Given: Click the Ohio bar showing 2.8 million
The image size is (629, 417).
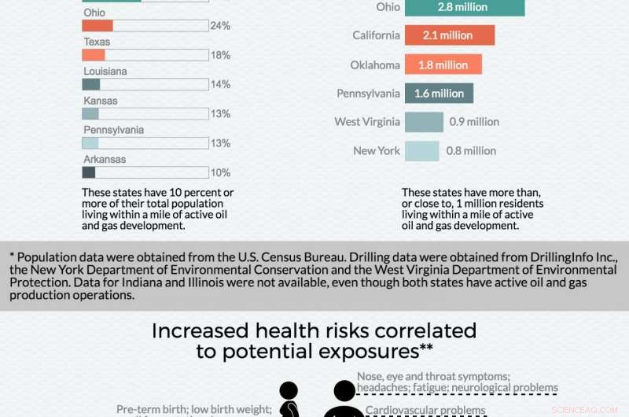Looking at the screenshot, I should (x=464, y=7).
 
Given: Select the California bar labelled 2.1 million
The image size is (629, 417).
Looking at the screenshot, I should (x=449, y=35).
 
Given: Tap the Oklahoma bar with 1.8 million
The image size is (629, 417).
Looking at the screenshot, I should (x=443, y=65).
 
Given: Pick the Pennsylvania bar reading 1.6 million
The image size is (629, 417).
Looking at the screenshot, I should (x=439, y=94).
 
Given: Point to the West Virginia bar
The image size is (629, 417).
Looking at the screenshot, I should (x=424, y=122).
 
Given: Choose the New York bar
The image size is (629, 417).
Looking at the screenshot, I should (x=421, y=151).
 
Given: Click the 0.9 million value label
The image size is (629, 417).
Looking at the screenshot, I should (x=474, y=122).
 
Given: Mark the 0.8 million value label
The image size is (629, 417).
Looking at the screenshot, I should (x=471, y=151).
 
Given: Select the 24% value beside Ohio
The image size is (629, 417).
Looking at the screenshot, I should (x=220, y=26).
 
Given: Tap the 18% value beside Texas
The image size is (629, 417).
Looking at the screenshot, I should (x=220, y=55).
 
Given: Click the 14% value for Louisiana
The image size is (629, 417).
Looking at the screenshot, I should (x=220, y=84).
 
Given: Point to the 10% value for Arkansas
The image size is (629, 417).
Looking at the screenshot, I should (x=220, y=172).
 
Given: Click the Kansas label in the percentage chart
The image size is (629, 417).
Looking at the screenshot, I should (x=101, y=101).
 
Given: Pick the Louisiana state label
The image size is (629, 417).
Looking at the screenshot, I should (x=105, y=72).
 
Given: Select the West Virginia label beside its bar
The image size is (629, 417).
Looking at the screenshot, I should (x=367, y=122).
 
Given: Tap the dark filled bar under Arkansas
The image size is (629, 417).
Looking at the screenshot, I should (x=89, y=172).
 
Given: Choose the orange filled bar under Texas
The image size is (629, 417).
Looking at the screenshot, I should (x=94, y=55).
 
